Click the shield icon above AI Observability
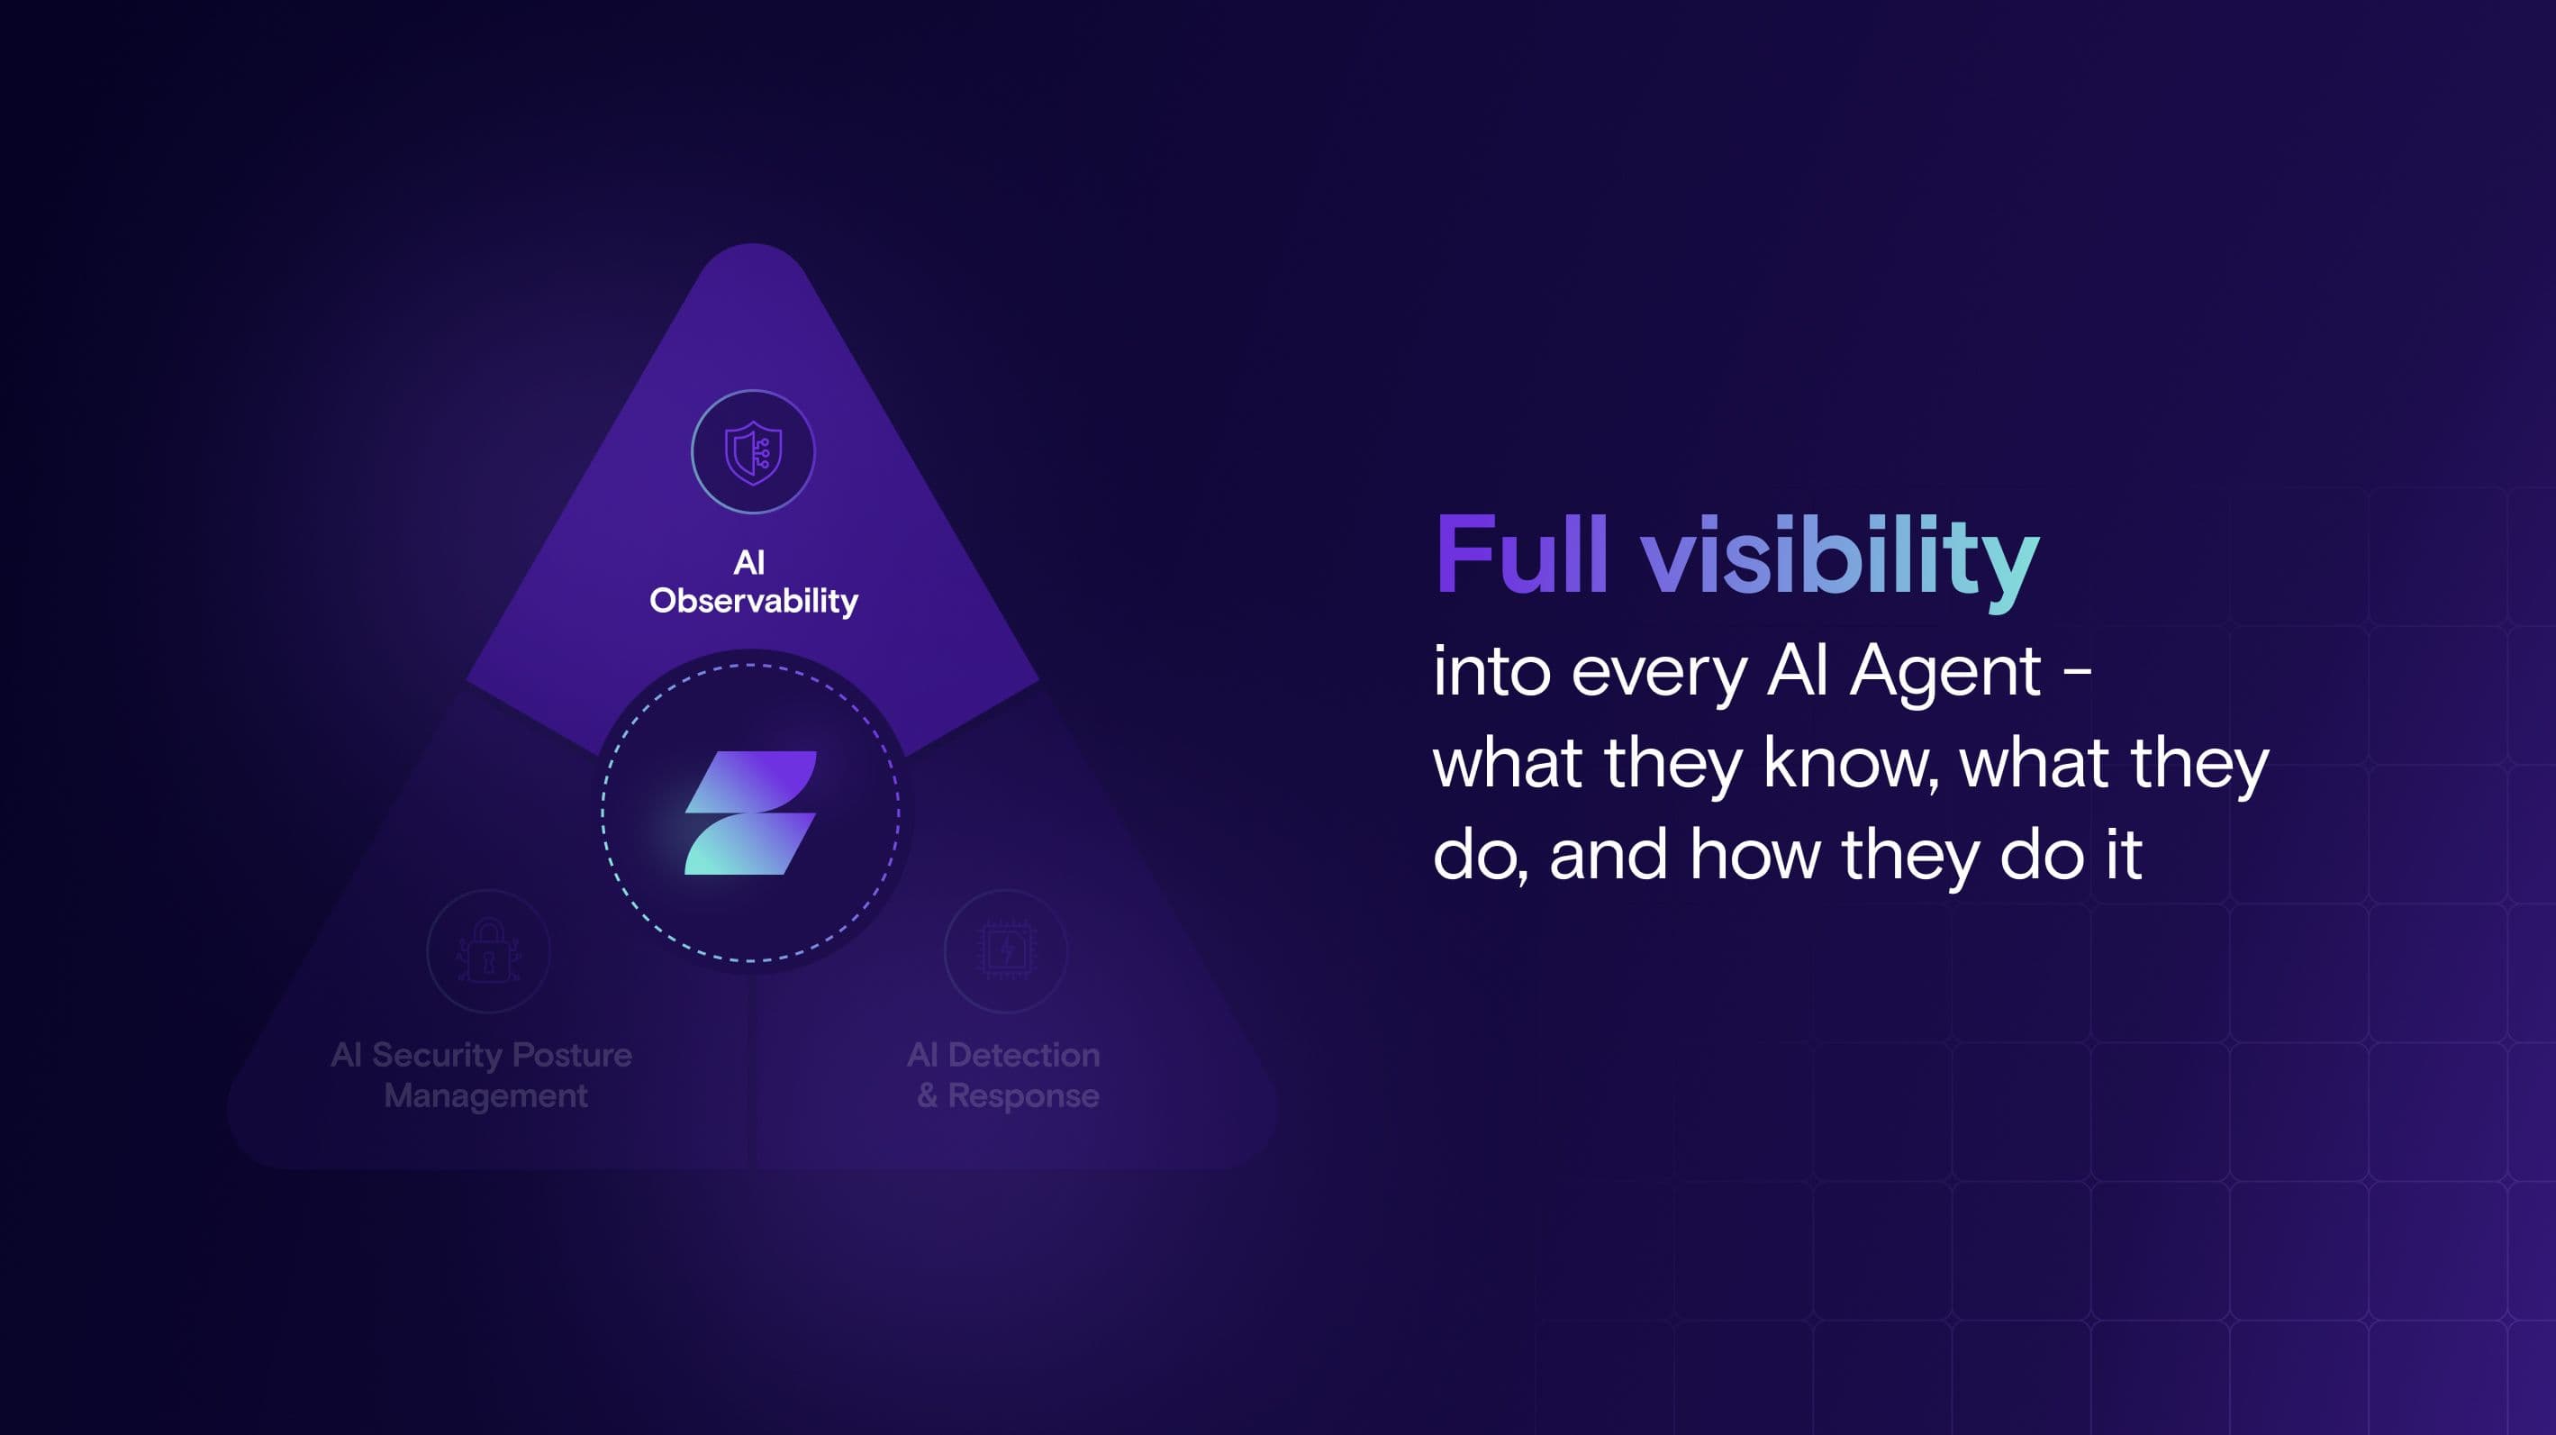[x=753, y=452]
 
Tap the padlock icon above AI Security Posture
[x=488, y=950]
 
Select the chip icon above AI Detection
[x=1006, y=950]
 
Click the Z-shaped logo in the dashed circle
[x=751, y=813]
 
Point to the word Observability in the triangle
[x=754, y=601]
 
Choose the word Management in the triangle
[x=485, y=1096]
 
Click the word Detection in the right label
[x=1024, y=1054]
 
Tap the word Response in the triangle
[x=1023, y=1096]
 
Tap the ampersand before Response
[x=927, y=1095]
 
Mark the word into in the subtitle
[x=1491, y=672]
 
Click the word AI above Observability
[x=749, y=563]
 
